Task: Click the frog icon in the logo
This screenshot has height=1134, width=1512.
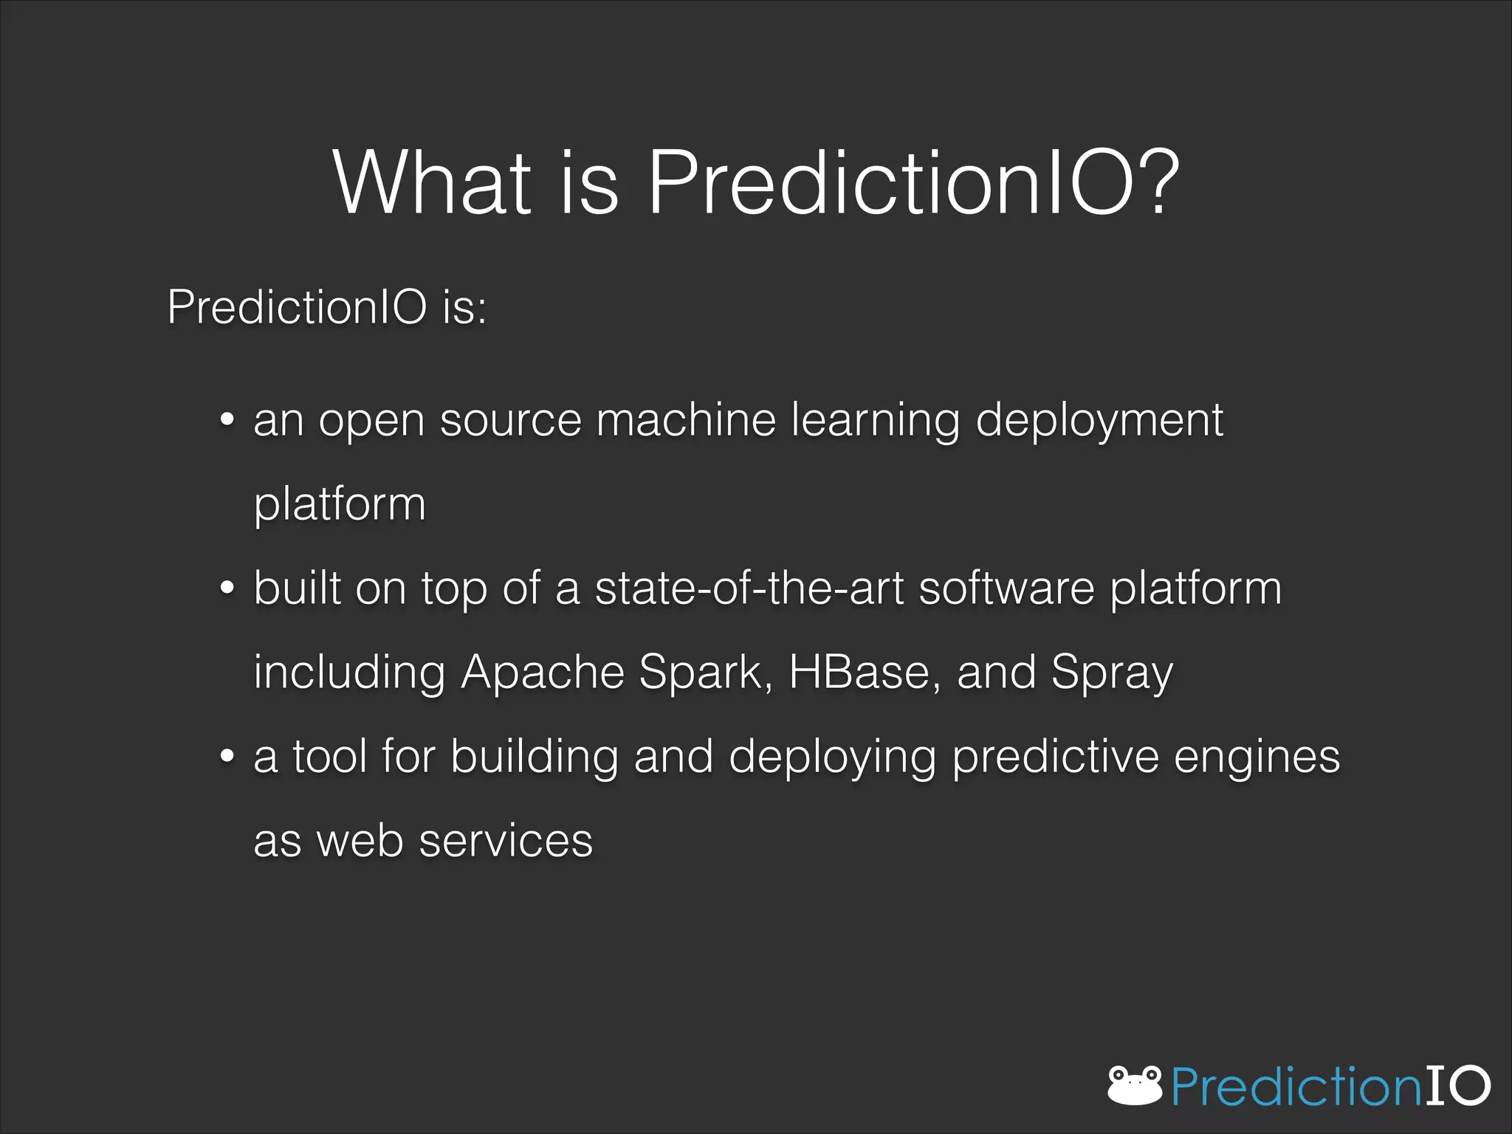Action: tap(1135, 1085)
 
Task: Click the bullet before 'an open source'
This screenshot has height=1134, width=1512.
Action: tap(227, 420)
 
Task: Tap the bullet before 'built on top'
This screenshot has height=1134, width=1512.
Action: tap(227, 588)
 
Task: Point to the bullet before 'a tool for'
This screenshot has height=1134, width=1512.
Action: tap(227, 757)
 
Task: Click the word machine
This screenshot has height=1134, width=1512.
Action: tap(686, 420)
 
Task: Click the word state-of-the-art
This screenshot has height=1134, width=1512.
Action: tap(749, 588)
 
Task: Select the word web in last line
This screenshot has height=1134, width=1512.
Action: tap(360, 841)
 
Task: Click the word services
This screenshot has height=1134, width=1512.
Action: tap(506, 841)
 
